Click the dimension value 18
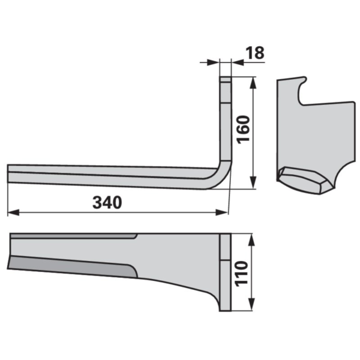point(255,53)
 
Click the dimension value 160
point(244,130)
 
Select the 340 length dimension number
point(107,203)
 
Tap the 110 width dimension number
point(242,274)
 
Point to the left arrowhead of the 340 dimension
point(13,212)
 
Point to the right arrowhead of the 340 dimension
point(221,212)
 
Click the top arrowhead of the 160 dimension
point(253,83)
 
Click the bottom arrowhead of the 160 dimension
point(253,183)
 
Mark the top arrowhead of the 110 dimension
point(252,240)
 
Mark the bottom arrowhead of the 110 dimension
point(252,304)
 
